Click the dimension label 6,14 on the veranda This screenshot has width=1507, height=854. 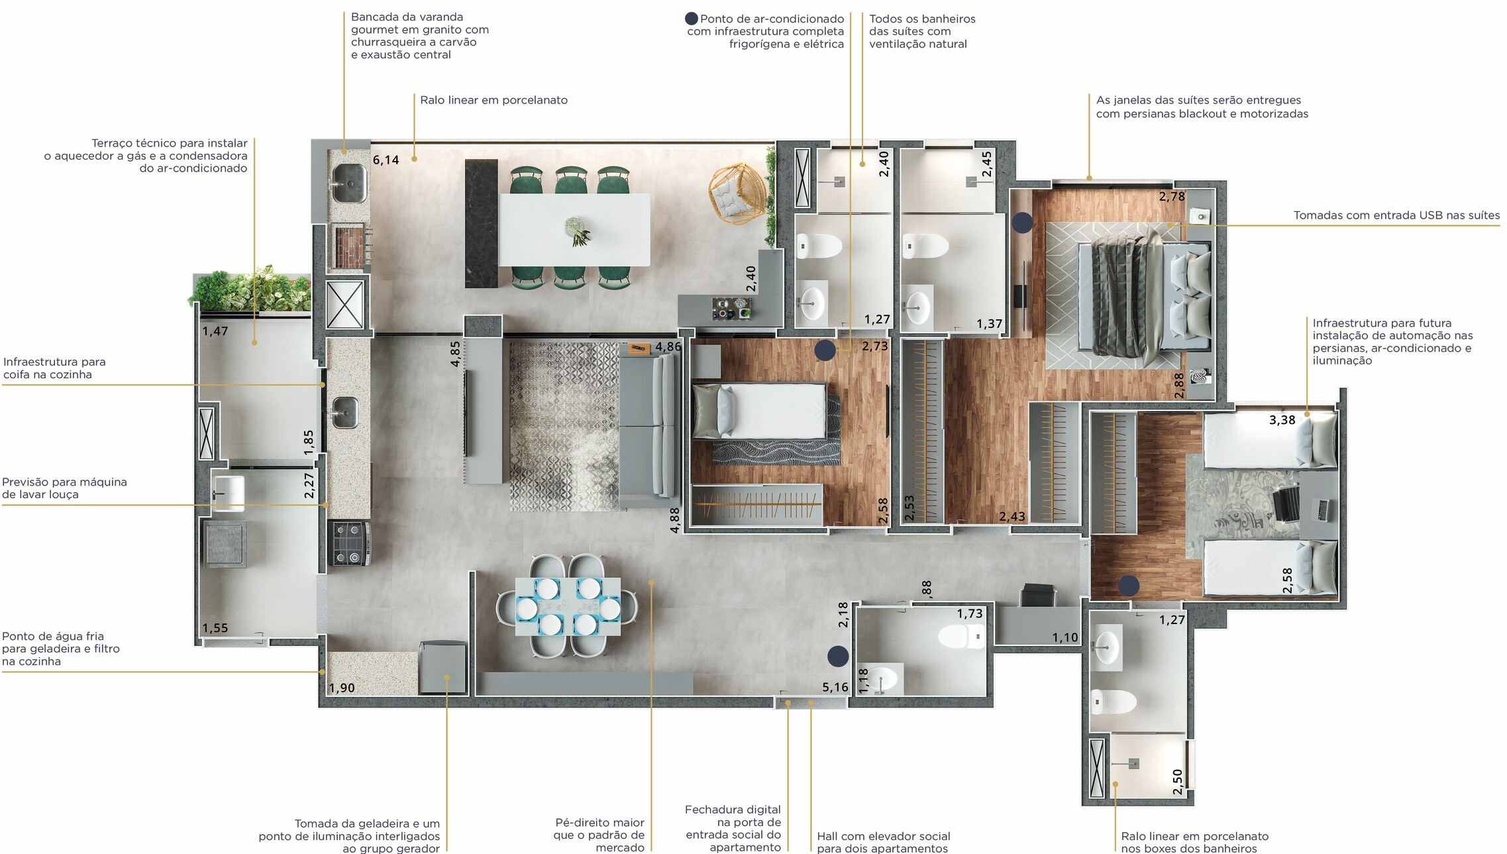[x=386, y=160]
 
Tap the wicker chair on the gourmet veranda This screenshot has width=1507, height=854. [x=737, y=193]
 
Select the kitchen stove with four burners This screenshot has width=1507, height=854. [x=350, y=543]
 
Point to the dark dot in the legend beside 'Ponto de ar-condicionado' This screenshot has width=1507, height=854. [x=692, y=19]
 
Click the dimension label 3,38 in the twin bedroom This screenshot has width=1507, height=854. [x=1282, y=420]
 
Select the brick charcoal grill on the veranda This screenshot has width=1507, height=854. [x=348, y=246]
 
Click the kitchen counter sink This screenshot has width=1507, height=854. [x=345, y=412]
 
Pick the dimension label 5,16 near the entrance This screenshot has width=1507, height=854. [x=835, y=687]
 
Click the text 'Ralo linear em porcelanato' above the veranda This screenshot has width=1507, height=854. [x=494, y=100]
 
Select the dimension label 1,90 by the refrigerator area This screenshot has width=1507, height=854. [x=342, y=688]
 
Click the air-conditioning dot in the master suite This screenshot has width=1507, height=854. [x=1023, y=223]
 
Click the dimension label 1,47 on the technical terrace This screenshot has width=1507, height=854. [x=215, y=331]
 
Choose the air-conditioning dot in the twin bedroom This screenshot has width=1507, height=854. [x=1129, y=586]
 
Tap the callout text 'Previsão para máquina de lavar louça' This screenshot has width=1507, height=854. [x=64, y=488]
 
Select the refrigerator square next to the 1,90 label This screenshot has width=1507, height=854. [x=443, y=668]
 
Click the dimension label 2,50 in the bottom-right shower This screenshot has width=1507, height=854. [x=1177, y=782]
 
